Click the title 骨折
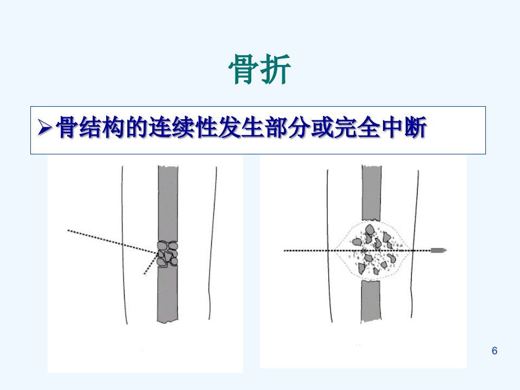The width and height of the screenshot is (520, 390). click(x=259, y=69)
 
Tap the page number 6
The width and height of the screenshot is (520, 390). click(x=495, y=350)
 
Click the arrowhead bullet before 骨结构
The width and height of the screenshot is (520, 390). click(x=45, y=127)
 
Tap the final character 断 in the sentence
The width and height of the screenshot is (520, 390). click(x=415, y=127)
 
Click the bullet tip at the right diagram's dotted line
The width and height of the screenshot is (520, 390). click(x=438, y=250)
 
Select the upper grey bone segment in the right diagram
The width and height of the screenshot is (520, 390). click(x=372, y=193)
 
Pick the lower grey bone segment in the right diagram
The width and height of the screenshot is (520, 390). click(x=370, y=301)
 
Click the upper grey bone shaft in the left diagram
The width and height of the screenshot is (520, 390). click(x=168, y=203)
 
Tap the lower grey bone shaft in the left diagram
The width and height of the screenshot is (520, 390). click(x=167, y=295)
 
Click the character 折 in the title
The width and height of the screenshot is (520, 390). click(x=276, y=69)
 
